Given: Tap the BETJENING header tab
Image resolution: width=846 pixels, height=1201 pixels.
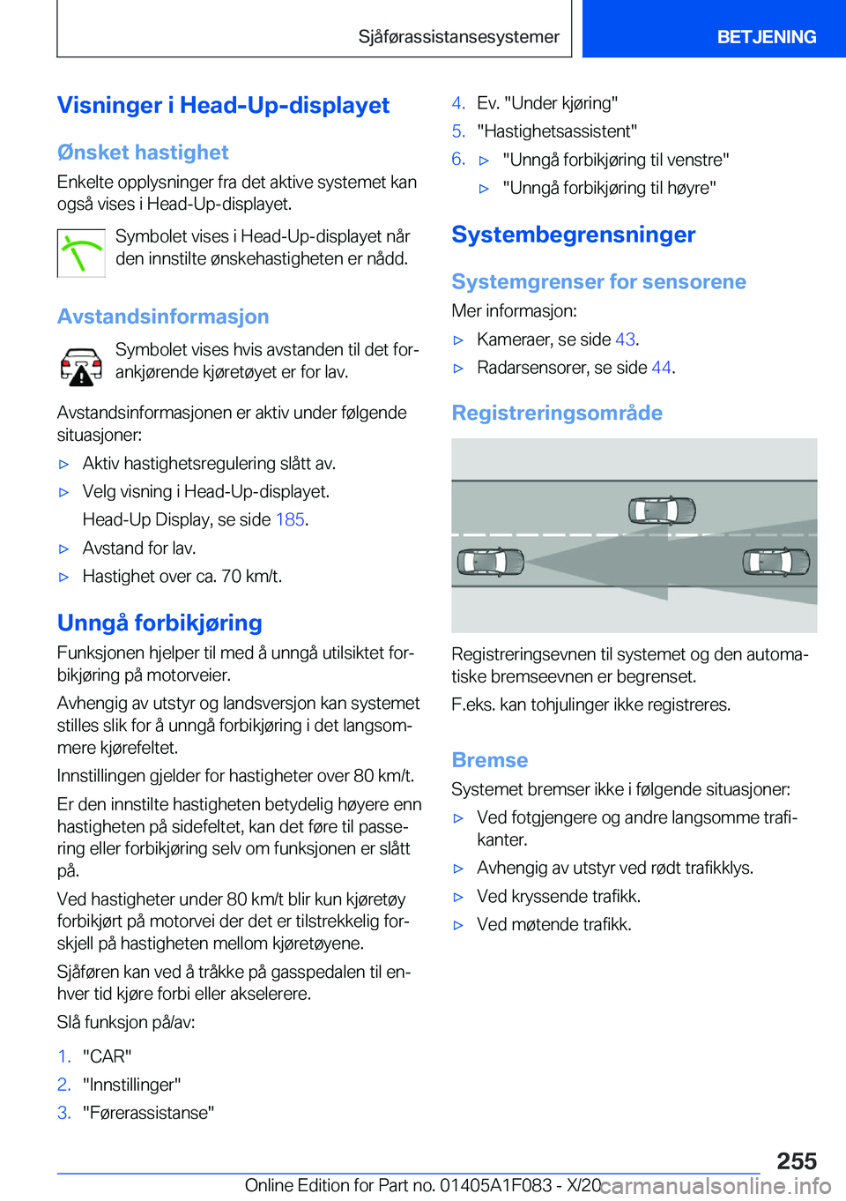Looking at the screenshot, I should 766,37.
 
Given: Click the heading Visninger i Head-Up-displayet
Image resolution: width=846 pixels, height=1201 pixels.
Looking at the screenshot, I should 223,105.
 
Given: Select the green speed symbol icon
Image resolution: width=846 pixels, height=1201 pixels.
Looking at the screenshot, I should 81,253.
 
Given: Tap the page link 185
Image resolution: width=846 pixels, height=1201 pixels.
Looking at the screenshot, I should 290,519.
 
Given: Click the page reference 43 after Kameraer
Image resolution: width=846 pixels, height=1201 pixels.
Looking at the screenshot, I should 625,339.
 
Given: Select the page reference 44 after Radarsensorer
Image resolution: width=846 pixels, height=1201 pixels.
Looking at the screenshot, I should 661,368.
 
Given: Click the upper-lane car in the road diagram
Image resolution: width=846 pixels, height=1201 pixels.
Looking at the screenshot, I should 662,510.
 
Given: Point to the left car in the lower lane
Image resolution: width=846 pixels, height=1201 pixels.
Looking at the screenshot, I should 491,561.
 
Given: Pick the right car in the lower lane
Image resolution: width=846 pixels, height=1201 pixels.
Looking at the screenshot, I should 775,561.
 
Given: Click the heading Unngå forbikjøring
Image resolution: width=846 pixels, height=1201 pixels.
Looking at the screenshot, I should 160,623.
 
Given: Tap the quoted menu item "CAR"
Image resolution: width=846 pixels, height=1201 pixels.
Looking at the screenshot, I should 108,1056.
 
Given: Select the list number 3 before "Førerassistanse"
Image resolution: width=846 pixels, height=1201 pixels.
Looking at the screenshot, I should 63,1113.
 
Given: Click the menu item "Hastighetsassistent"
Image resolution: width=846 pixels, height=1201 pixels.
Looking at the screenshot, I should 557,131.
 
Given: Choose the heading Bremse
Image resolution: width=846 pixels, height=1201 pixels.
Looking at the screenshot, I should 489,760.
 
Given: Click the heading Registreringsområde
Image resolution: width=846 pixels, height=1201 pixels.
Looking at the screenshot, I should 557,413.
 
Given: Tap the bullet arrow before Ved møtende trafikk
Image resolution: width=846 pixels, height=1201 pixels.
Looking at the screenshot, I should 458,925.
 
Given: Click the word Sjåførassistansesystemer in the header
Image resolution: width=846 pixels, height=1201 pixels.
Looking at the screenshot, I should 458,37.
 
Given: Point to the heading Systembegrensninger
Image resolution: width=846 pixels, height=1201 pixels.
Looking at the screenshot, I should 573,235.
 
